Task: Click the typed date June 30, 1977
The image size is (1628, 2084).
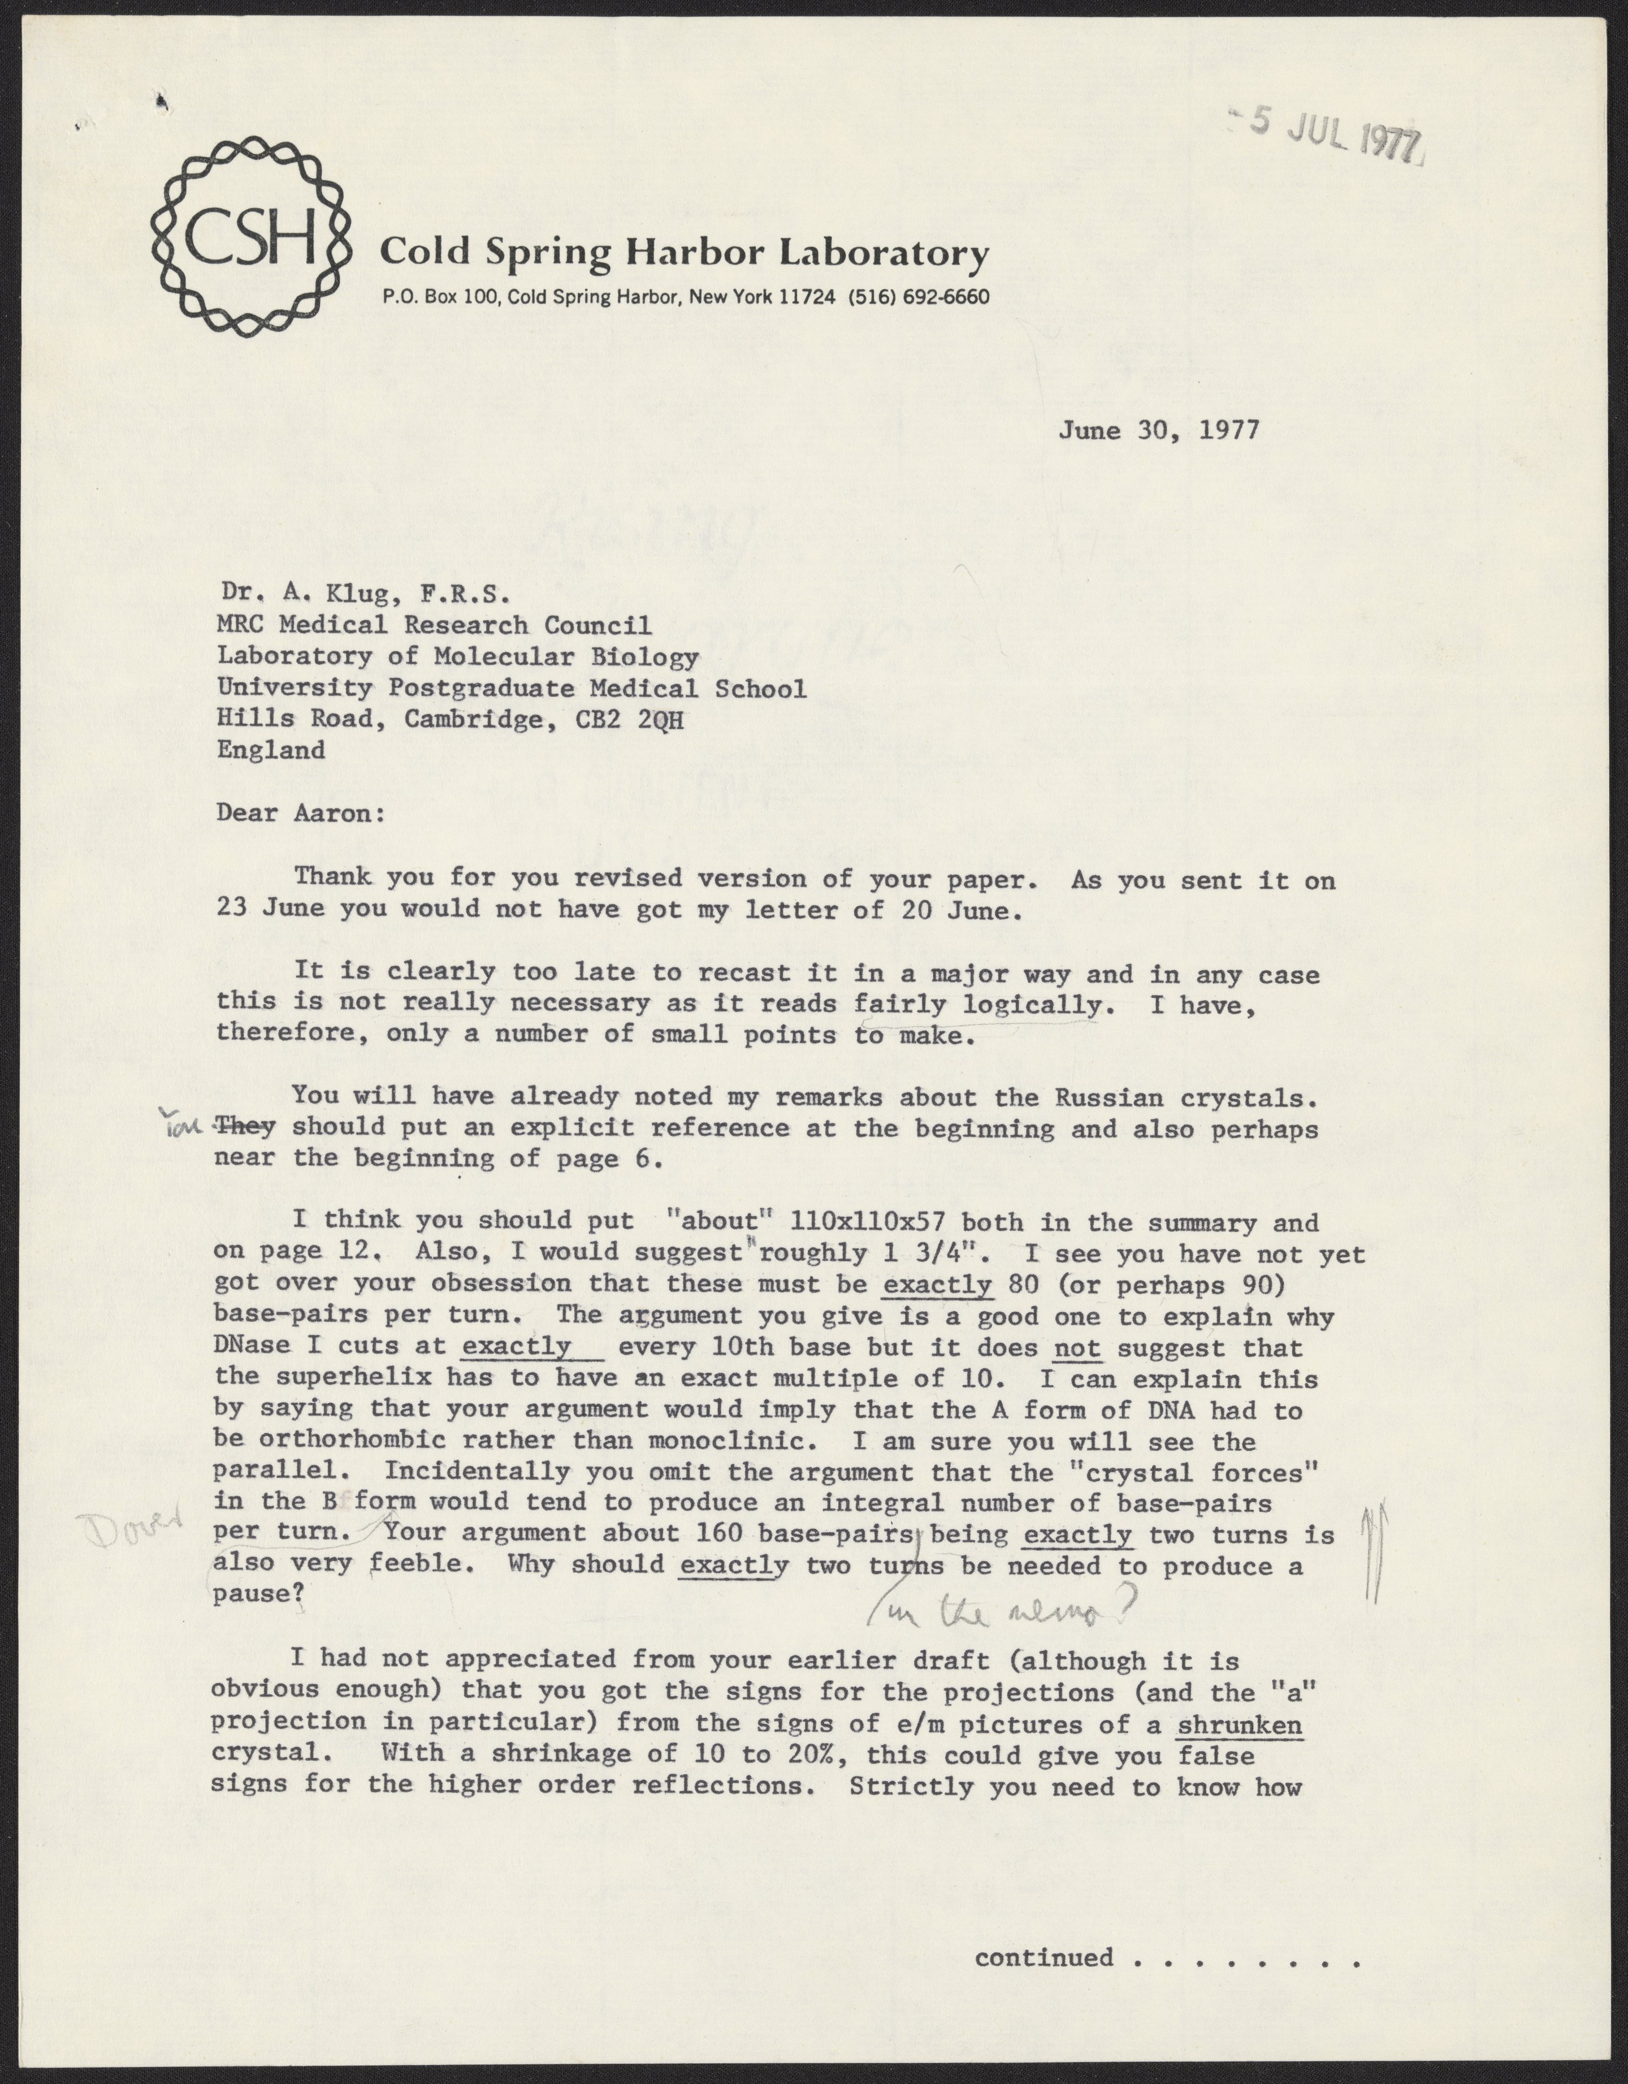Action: (x=1158, y=429)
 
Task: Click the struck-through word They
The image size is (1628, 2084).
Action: (x=247, y=1127)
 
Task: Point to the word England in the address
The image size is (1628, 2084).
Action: (x=271, y=750)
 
